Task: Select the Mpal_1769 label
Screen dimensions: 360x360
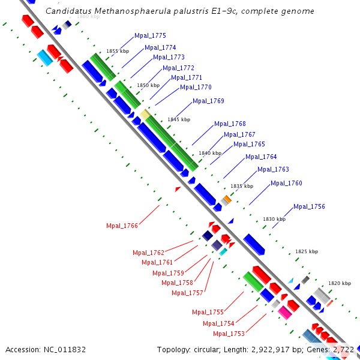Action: (208, 101)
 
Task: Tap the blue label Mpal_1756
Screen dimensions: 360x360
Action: (309, 207)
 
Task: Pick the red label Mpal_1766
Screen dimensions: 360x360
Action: (122, 226)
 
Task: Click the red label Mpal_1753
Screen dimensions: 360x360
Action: (229, 334)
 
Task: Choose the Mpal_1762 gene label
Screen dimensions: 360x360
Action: (148, 253)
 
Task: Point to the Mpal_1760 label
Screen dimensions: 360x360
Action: (286, 184)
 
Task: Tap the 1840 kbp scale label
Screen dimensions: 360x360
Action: (210, 154)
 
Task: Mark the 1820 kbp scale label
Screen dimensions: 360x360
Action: (339, 283)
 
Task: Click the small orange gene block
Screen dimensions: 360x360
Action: (227, 199)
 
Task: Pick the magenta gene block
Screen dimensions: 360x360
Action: (284, 312)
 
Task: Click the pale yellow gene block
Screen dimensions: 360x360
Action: (145, 113)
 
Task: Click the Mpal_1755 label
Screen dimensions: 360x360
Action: (208, 312)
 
